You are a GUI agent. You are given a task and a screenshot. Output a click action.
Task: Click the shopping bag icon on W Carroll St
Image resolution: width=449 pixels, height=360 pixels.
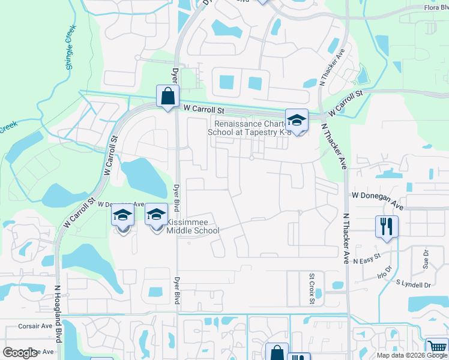tap(167, 97)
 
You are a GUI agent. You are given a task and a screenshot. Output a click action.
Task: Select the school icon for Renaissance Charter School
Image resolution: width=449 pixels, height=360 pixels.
tap(296, 120)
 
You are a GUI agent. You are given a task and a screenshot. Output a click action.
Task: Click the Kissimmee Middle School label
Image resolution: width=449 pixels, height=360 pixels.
tap(192, 226)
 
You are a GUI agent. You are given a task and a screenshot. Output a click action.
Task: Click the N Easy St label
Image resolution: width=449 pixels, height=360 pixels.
tap(367, 260)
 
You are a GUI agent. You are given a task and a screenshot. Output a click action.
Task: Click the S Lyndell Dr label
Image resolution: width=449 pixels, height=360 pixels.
tap(414, 285)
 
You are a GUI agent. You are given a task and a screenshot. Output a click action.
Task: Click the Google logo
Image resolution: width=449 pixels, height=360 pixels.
tap(20, 352)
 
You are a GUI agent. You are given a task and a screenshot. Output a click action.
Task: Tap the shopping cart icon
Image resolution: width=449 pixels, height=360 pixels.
tap(436, 349)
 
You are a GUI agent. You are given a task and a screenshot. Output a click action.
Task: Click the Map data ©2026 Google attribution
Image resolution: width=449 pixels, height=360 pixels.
tap(411, 355)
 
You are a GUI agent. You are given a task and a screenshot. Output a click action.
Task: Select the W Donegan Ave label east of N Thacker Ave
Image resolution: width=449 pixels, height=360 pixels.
tap(378, 196)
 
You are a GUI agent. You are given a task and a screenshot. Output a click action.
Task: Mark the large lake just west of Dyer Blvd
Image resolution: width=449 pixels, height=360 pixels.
tap(144, 178)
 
